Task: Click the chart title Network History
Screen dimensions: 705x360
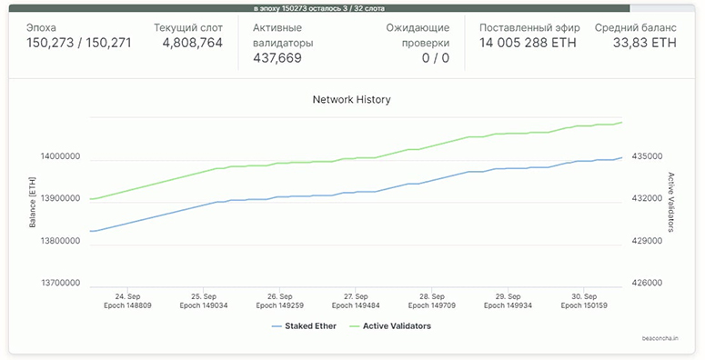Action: coord(352,99)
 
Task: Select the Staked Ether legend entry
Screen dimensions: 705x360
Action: coord(304,326)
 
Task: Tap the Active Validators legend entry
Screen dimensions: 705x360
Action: coord(390,326)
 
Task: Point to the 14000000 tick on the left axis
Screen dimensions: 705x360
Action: coord(61,156)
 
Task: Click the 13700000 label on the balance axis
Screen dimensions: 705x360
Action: coord(61,283)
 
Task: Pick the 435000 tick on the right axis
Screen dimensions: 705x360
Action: coord(647,156)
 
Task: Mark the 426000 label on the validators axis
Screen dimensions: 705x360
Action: coord(647,283)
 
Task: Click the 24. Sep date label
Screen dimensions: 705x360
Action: coord(127,296)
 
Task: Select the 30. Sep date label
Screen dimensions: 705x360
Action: coord(584,296)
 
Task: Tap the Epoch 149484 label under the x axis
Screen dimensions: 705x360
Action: coord(356,305)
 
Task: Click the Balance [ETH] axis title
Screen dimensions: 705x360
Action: coord(33,202)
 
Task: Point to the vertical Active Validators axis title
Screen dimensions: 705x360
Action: coord(670,202)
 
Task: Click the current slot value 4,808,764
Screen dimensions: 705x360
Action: coord(193,43)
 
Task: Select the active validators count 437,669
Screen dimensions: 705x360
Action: coord(277,58)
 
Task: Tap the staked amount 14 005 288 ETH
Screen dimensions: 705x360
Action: coord(528,43)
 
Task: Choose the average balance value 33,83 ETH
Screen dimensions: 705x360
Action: coord(645,43)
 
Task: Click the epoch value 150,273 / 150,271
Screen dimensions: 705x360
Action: coord(78,43)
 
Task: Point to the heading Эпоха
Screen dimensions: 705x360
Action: coord(41,28)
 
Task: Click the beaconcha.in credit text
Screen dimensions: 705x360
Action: coord(660,338)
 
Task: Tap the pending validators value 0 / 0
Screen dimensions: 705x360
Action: coord(435,58)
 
